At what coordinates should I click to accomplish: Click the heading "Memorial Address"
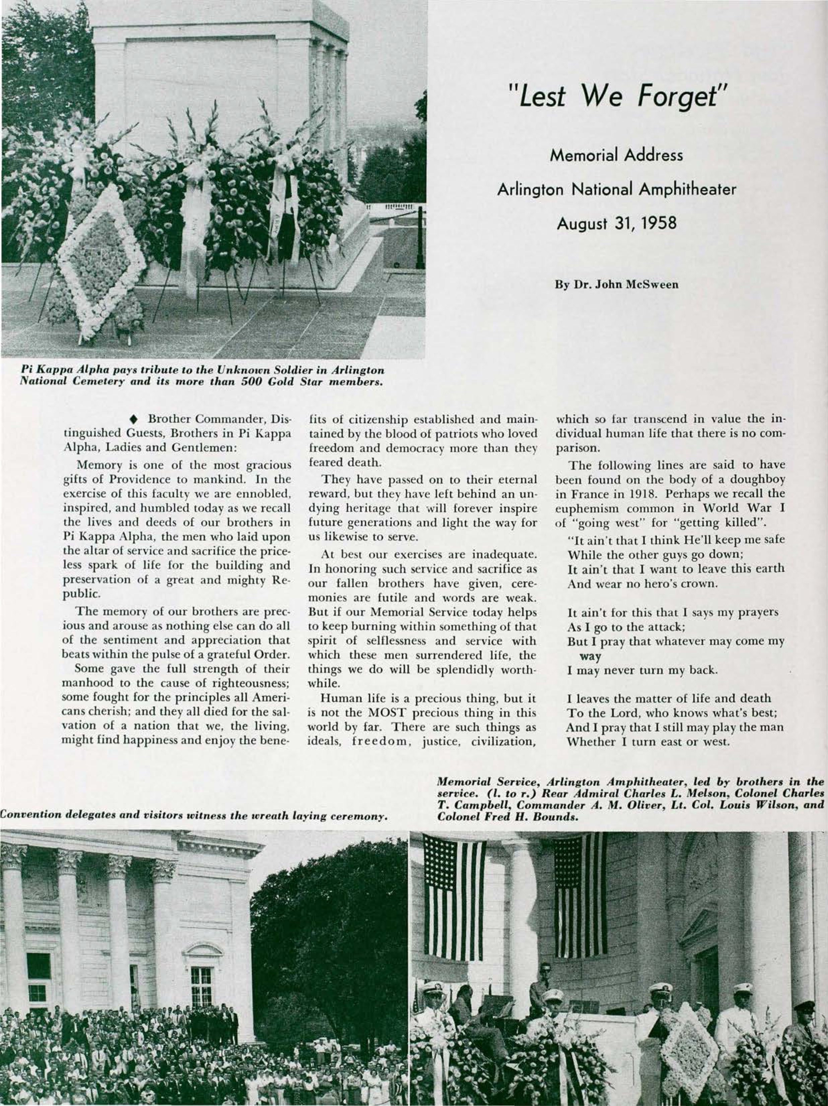[616, 156]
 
